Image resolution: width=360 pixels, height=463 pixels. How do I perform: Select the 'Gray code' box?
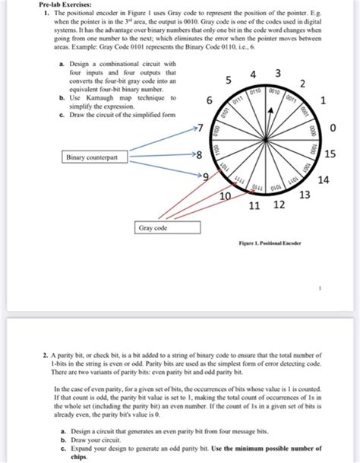coord(154,227)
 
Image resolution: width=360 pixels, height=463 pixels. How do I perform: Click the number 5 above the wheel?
coord(229,81)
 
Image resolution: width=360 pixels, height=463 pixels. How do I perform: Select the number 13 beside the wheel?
coord(305,195)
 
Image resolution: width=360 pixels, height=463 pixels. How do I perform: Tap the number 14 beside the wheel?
coord(324,180)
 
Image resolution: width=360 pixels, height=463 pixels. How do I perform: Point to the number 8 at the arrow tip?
coord(198,156)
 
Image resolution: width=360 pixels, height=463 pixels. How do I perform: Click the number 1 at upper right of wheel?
coord(324,100)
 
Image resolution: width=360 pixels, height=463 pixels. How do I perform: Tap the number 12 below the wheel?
coord(279,205)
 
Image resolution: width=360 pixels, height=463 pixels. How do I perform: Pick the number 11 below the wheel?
coord(254,206)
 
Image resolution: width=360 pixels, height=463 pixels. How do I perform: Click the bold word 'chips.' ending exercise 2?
coord(74,458)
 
